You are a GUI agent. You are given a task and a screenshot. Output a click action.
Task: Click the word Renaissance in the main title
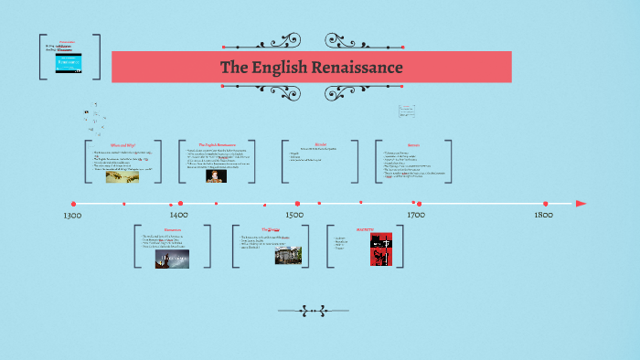coord(356,68)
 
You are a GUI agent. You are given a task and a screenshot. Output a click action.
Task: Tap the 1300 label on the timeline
coord(74,216)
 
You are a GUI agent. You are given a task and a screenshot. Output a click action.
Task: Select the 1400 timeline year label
coord(178,215)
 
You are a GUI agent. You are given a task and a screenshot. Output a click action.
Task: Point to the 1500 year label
coord(294,215)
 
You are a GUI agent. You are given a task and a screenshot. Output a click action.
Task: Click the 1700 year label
coord(415,215)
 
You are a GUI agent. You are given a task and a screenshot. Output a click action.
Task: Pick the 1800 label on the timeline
coord(544,215)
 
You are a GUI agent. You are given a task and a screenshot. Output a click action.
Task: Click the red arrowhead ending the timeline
coord(581,204)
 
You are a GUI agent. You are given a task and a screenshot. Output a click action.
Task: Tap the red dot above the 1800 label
coord(546,204)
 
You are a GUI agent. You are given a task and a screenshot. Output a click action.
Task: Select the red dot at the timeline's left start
coord(74,204)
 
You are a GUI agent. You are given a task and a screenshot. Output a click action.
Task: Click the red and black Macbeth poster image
coord(379,249)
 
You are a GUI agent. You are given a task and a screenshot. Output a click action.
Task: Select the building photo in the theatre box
coord(288,254)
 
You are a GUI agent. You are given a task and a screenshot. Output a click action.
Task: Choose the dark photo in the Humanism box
coord(172,259)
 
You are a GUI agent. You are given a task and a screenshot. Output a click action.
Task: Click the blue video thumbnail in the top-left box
coord(69,64)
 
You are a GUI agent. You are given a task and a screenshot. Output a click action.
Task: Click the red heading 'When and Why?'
coord(123,144)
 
